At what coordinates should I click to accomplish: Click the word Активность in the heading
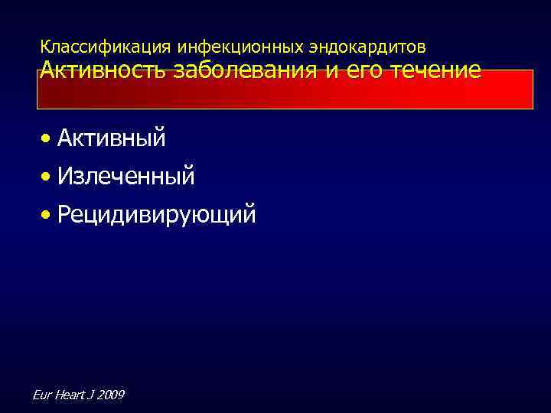pos(105,71)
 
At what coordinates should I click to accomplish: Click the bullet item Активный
pos(111,138)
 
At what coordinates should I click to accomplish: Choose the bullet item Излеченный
pos(126,177)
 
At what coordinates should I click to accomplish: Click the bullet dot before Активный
pos(47,139)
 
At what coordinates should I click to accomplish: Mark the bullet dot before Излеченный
pos(47,177)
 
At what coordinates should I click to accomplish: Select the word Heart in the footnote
pos(68,395)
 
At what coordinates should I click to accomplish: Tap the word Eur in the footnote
pos(43,395)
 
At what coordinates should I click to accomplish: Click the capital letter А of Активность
pos(47,71)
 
